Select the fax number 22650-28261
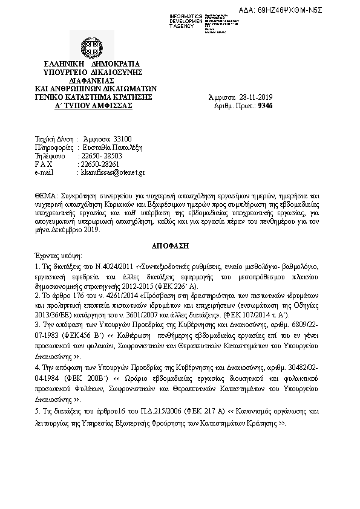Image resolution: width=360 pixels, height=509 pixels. [x=99, y=164]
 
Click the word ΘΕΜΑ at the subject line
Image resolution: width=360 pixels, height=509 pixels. [x=46, y=196]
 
